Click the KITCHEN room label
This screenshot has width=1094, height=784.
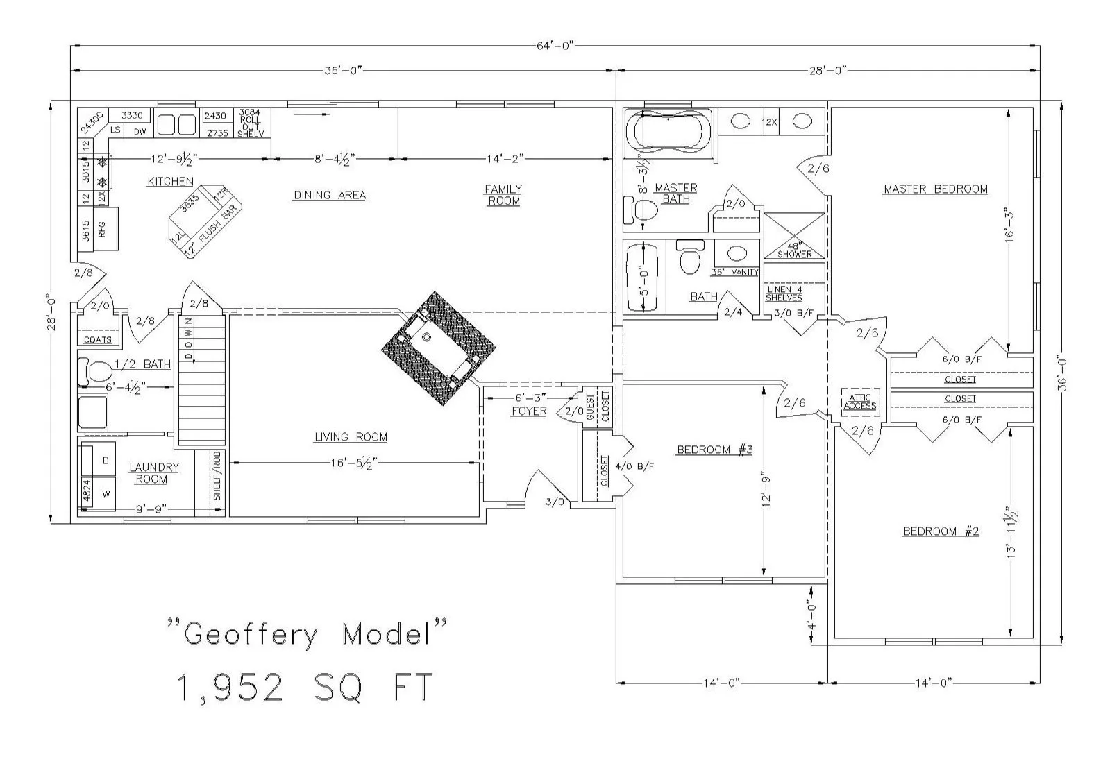coord(170,182)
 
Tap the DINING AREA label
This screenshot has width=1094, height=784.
coord(329,195)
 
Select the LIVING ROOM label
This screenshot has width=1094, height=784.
coord(351,437)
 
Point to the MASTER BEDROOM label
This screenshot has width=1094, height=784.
coord(935,189)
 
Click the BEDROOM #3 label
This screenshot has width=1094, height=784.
coord(714,450)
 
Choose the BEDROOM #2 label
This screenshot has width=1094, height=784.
coord(940,531)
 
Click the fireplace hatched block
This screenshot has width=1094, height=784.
coord(439,348)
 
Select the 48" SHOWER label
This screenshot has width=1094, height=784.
coord(794,250)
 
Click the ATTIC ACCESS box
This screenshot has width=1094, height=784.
coord(860,402)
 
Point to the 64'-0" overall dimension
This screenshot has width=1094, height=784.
coord(555,46)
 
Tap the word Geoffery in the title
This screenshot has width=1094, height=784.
coord(251,635)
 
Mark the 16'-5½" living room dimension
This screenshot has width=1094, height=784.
coord(354,463)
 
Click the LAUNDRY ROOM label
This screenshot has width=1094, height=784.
coord(153,473)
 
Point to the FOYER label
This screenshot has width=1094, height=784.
coord(529,411)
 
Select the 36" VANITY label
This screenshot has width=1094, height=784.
coord(734,272)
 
